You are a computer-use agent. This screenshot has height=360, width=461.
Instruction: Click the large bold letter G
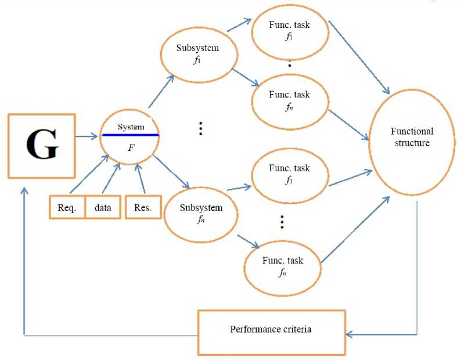tap(42, 146)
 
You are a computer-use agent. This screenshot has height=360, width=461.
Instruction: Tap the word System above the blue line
tap(131, 127)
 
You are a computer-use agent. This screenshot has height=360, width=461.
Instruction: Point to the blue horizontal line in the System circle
tap(131, 135)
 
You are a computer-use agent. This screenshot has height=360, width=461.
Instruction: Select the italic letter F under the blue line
tap(131, 148)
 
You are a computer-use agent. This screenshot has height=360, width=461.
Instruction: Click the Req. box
tap(67, 208)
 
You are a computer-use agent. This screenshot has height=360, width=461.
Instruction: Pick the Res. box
tap(142, 208)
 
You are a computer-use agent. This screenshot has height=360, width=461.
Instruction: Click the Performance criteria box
tap(271, 330)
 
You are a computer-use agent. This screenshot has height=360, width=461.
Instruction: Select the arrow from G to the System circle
tap(87, 137)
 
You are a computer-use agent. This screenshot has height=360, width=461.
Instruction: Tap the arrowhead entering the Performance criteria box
tap(350, 334)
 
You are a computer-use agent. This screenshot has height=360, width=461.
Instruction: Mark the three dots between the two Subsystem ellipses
tap(200, 128)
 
